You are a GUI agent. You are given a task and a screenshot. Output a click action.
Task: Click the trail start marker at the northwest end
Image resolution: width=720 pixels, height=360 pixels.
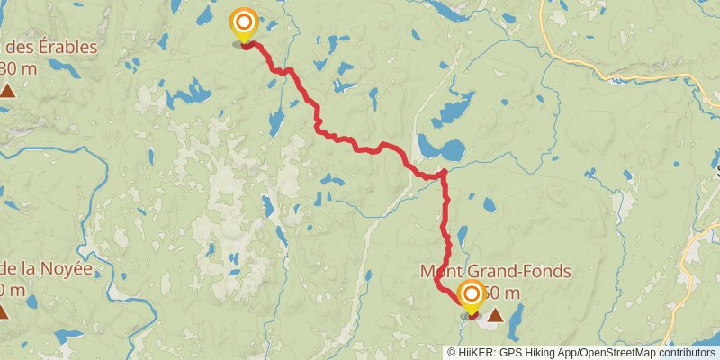[x=243, y=22]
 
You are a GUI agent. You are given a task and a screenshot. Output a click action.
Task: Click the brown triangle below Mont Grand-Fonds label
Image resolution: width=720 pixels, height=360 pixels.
[x=495, y=315]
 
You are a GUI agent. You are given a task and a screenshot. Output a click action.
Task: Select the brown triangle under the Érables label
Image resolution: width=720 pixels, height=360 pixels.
[x=7, y=90]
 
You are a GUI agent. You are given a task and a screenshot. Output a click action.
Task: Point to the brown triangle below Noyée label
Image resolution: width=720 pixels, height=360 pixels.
[x=4, y=312]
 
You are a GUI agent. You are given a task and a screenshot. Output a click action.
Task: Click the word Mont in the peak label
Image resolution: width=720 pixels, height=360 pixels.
[x=441, y=271]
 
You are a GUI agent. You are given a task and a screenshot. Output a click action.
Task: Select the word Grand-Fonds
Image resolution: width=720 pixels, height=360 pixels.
[x=517, y=271]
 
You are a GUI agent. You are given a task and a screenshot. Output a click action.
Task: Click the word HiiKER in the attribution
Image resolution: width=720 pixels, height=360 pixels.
[x=477, y=352]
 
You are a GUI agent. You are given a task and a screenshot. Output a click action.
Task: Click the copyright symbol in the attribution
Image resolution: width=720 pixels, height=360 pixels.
[x=453, y=352]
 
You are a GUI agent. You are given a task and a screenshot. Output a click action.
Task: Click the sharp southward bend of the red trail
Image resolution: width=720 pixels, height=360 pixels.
[x=444, y=172]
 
